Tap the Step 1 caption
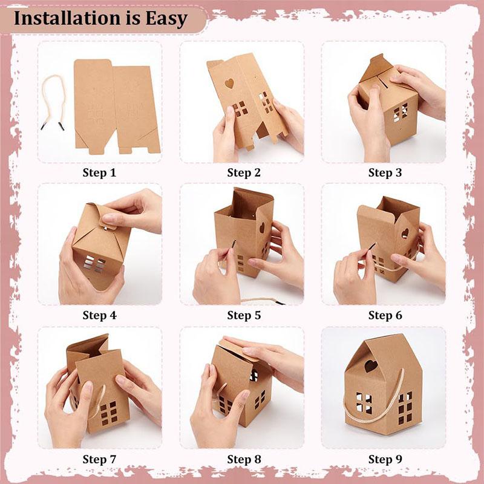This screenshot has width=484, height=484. (x=99, y=173)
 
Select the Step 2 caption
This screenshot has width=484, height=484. (x=244, y=173)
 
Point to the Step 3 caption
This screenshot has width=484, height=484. (x=385, y=173)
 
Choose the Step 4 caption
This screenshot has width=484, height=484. (x=99, y=315)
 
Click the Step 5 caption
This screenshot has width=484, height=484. (x=244, y=315)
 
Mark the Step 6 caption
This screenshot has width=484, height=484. (x=385, y=315)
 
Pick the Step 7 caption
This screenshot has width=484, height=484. (x=99, y=459)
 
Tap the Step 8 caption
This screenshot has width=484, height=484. (x=244, y=459)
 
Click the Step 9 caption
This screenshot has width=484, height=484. (x=385, y=459)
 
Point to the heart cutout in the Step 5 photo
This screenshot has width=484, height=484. (x=261, y=228)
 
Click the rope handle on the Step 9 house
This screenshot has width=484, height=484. (x=375, y=417)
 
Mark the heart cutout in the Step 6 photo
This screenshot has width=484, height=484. (x=405, y=233)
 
